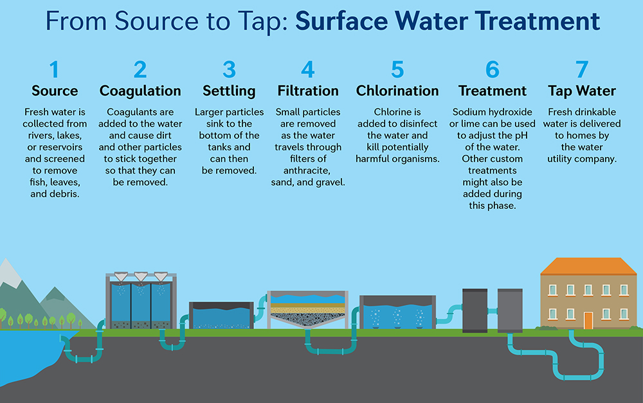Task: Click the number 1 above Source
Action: [x=54, y=69]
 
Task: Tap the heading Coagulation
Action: [x=140, y=91]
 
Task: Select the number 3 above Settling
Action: [x=229, y=69]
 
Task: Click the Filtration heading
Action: [x=308, y=91]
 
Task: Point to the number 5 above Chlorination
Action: [x=397, y=69]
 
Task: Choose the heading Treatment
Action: [x=492, y=91]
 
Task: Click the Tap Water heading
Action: [x=581, y=91]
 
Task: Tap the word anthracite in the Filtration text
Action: [x=308, y=170]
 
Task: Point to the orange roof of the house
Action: [x=588, y=266]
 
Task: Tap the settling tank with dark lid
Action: [x=221, y=314]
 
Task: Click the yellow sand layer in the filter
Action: [x=308, y=308]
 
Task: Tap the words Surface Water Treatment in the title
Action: [x=448, y=21]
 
